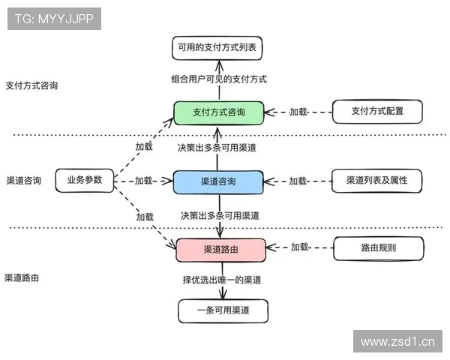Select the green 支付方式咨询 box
[x=218, y=112]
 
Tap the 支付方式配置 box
[x=377, y=112]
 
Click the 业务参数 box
[x=84, y=181]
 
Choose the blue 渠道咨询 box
[x=218, y=181]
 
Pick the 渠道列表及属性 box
[x=377, y=181]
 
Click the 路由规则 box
[x=377, y=247]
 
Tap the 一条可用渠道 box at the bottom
[x=222, y=310]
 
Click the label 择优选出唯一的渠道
[x=222, y=280]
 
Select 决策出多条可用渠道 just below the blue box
[x=220, y=215]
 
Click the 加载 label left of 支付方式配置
[x=298, y=112]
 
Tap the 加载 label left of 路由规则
[x=300, y=247]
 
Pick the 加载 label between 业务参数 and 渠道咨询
[x=144, y=181]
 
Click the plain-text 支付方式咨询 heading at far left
[x=31, y=85]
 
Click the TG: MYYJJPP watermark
[x=54, y=19]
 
